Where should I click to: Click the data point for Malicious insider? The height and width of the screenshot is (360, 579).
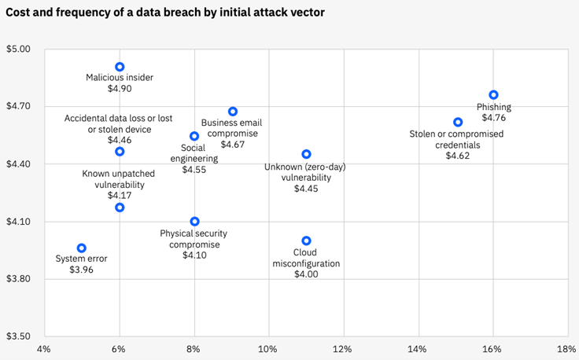tap(120, 67)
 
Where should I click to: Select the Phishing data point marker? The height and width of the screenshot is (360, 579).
tap(493, 94)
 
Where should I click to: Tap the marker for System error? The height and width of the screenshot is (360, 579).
tap(82, 248)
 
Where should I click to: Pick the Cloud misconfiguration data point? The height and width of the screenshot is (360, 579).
tap(306, 241)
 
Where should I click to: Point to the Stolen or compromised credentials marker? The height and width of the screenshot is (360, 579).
tap(458, 122)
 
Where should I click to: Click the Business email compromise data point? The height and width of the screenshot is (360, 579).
tap(232, 112)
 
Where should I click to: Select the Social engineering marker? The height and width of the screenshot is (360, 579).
tap(194, 136)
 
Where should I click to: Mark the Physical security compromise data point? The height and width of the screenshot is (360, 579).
tap(194, 222)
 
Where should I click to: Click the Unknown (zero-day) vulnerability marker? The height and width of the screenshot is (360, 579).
tap(306, 154)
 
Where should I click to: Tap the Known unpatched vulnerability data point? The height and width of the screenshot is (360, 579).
tap(120, 208)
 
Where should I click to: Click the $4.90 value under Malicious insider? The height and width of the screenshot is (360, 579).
tap(120, 90)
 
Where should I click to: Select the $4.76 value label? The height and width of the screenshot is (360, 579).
tap(493, 118)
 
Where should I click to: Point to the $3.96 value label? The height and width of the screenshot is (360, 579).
tap(82, 270)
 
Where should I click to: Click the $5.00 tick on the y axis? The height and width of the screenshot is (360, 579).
tap(18, 49)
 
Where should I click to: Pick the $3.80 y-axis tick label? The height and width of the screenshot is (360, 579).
tap(18, 279)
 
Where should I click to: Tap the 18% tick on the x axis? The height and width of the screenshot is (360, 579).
tap(566, 348)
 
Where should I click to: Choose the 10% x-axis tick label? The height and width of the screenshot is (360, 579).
tap(268, 348)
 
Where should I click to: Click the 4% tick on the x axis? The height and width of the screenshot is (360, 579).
tap(44, 348)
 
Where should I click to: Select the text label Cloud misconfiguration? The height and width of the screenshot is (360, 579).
tap(306, 258)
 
